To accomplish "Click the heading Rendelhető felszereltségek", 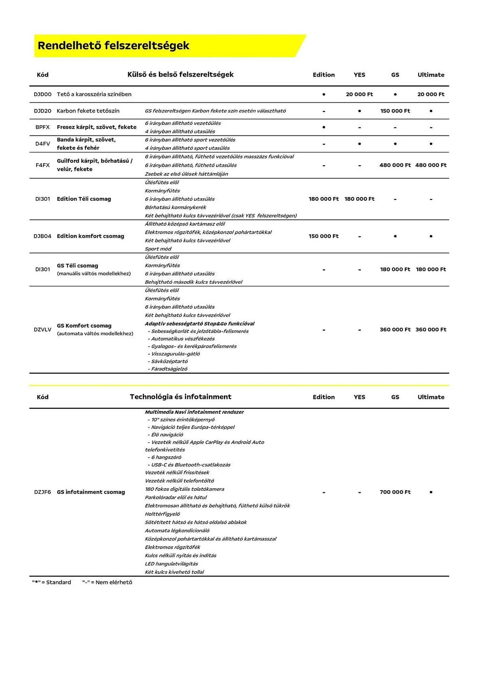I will (113, 46).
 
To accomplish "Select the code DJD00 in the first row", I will (42, 94).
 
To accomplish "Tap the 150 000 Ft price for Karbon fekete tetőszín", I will (395, 111).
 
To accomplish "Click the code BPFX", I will (42, 127).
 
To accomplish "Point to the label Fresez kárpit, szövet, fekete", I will (97, 127).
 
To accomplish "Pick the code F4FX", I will (42, 165).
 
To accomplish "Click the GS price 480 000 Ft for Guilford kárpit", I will (395, 165).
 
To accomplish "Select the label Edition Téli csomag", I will (84, 199).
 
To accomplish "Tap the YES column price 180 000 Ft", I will (359, 199).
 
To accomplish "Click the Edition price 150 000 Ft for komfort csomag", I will (324, 236).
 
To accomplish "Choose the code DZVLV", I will (42, 330).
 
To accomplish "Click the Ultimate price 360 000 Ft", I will (431, 330).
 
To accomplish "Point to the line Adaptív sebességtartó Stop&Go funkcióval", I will (200, 324).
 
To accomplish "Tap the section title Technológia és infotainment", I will (181, 397).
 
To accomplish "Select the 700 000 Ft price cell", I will (395, 492).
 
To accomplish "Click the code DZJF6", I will (42, 492).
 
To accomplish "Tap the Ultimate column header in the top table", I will (431, 75).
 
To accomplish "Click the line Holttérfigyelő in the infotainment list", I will (162, 514).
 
